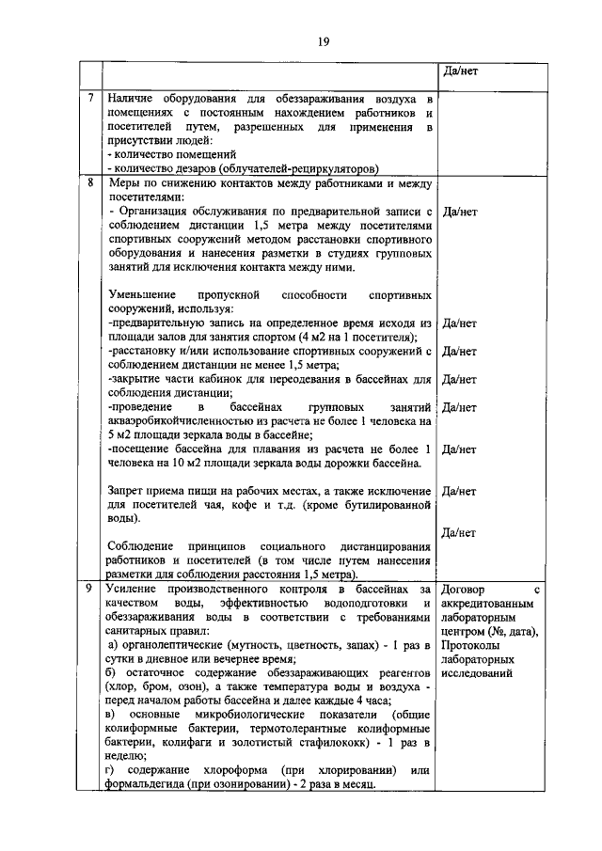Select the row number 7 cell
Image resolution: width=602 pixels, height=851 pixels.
coord(90,98)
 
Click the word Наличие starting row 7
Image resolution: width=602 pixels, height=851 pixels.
coord(133,98)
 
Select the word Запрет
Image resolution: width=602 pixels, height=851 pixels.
coord(127,490)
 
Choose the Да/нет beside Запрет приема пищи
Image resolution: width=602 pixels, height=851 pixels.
coord(458,490)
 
